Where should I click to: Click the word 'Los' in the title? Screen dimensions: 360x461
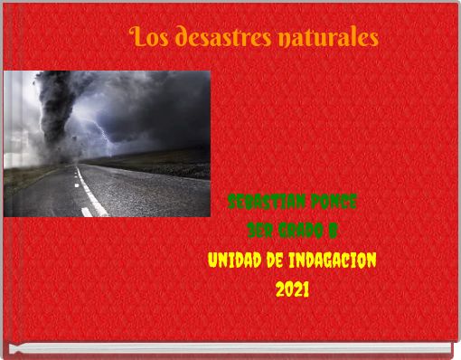click(148, 39)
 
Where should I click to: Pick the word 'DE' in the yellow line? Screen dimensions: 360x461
click(277, 260)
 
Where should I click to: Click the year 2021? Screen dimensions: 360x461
click(293, 290)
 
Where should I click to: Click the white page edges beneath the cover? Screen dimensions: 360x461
click(230, 348)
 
